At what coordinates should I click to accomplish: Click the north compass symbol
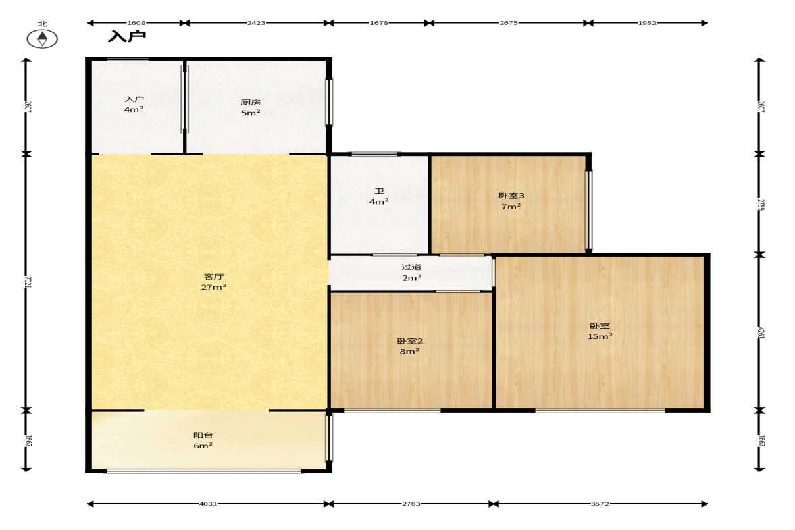(42, 38)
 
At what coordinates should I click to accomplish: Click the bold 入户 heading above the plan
(126, 36)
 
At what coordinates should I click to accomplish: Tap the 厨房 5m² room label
(251, 107)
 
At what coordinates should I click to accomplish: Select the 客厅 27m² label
(213, 282)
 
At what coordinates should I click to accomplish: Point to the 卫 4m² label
(379, 196)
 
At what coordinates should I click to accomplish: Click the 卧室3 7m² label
(511, 201)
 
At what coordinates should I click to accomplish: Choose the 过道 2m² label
(411, 273)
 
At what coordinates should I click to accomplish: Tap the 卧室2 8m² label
(410, 346)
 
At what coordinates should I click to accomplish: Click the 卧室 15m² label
(600, 331)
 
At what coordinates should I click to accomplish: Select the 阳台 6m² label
(203, 440)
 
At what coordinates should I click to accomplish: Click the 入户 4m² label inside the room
(134, 105)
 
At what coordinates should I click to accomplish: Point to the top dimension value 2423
(256, 23)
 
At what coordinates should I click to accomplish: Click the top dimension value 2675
(509, 23)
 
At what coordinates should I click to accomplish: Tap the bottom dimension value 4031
(208, 504)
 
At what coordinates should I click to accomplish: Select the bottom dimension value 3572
(600, 504)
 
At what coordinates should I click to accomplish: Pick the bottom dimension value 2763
(411, 504)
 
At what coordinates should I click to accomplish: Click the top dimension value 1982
(647, 23)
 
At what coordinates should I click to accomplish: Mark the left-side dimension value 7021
(28, 282)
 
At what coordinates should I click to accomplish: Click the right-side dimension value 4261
(761, 332)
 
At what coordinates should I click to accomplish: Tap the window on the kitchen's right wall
(329, 102)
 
